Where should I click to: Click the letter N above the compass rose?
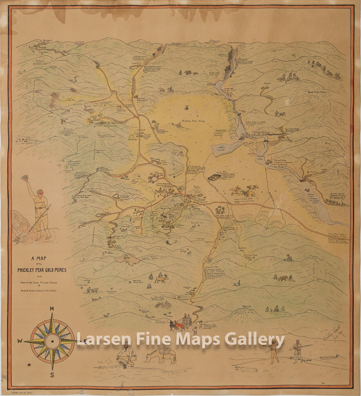[52, 309]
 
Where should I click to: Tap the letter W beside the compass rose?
[20, 341]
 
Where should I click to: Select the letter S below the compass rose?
[52, 375]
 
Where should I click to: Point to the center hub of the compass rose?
[52, 341]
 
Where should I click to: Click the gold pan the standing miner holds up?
[25, 178]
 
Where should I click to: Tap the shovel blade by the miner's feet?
[25, 237]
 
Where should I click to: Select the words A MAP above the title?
[39, 259]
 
